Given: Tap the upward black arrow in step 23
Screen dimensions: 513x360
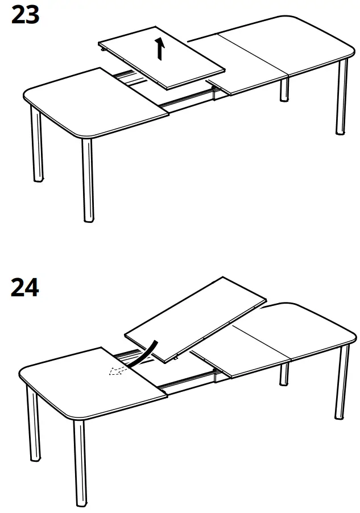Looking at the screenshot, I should pyautogui.click(x=161, y=49).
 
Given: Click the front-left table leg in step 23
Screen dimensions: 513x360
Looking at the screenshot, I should pyautogui.click(x=87, y=179).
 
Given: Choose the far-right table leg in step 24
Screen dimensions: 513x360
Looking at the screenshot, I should pyautogui.click(x=342, y=381).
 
